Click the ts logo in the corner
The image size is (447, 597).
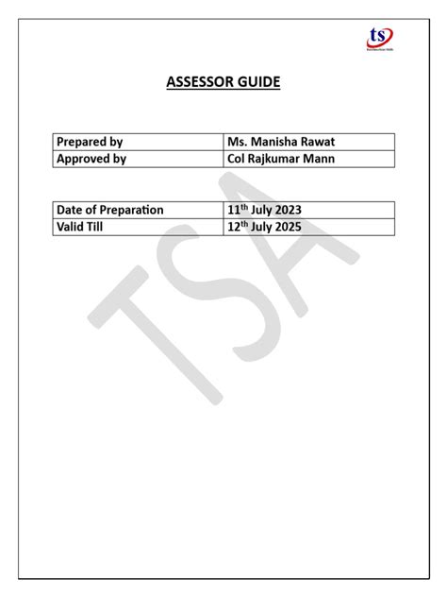380,38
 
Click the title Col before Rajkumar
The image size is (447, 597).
236,159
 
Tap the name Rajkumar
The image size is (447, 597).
277,159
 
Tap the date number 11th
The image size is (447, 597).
236,210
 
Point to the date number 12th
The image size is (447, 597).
236,227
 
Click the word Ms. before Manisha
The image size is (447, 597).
236,142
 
